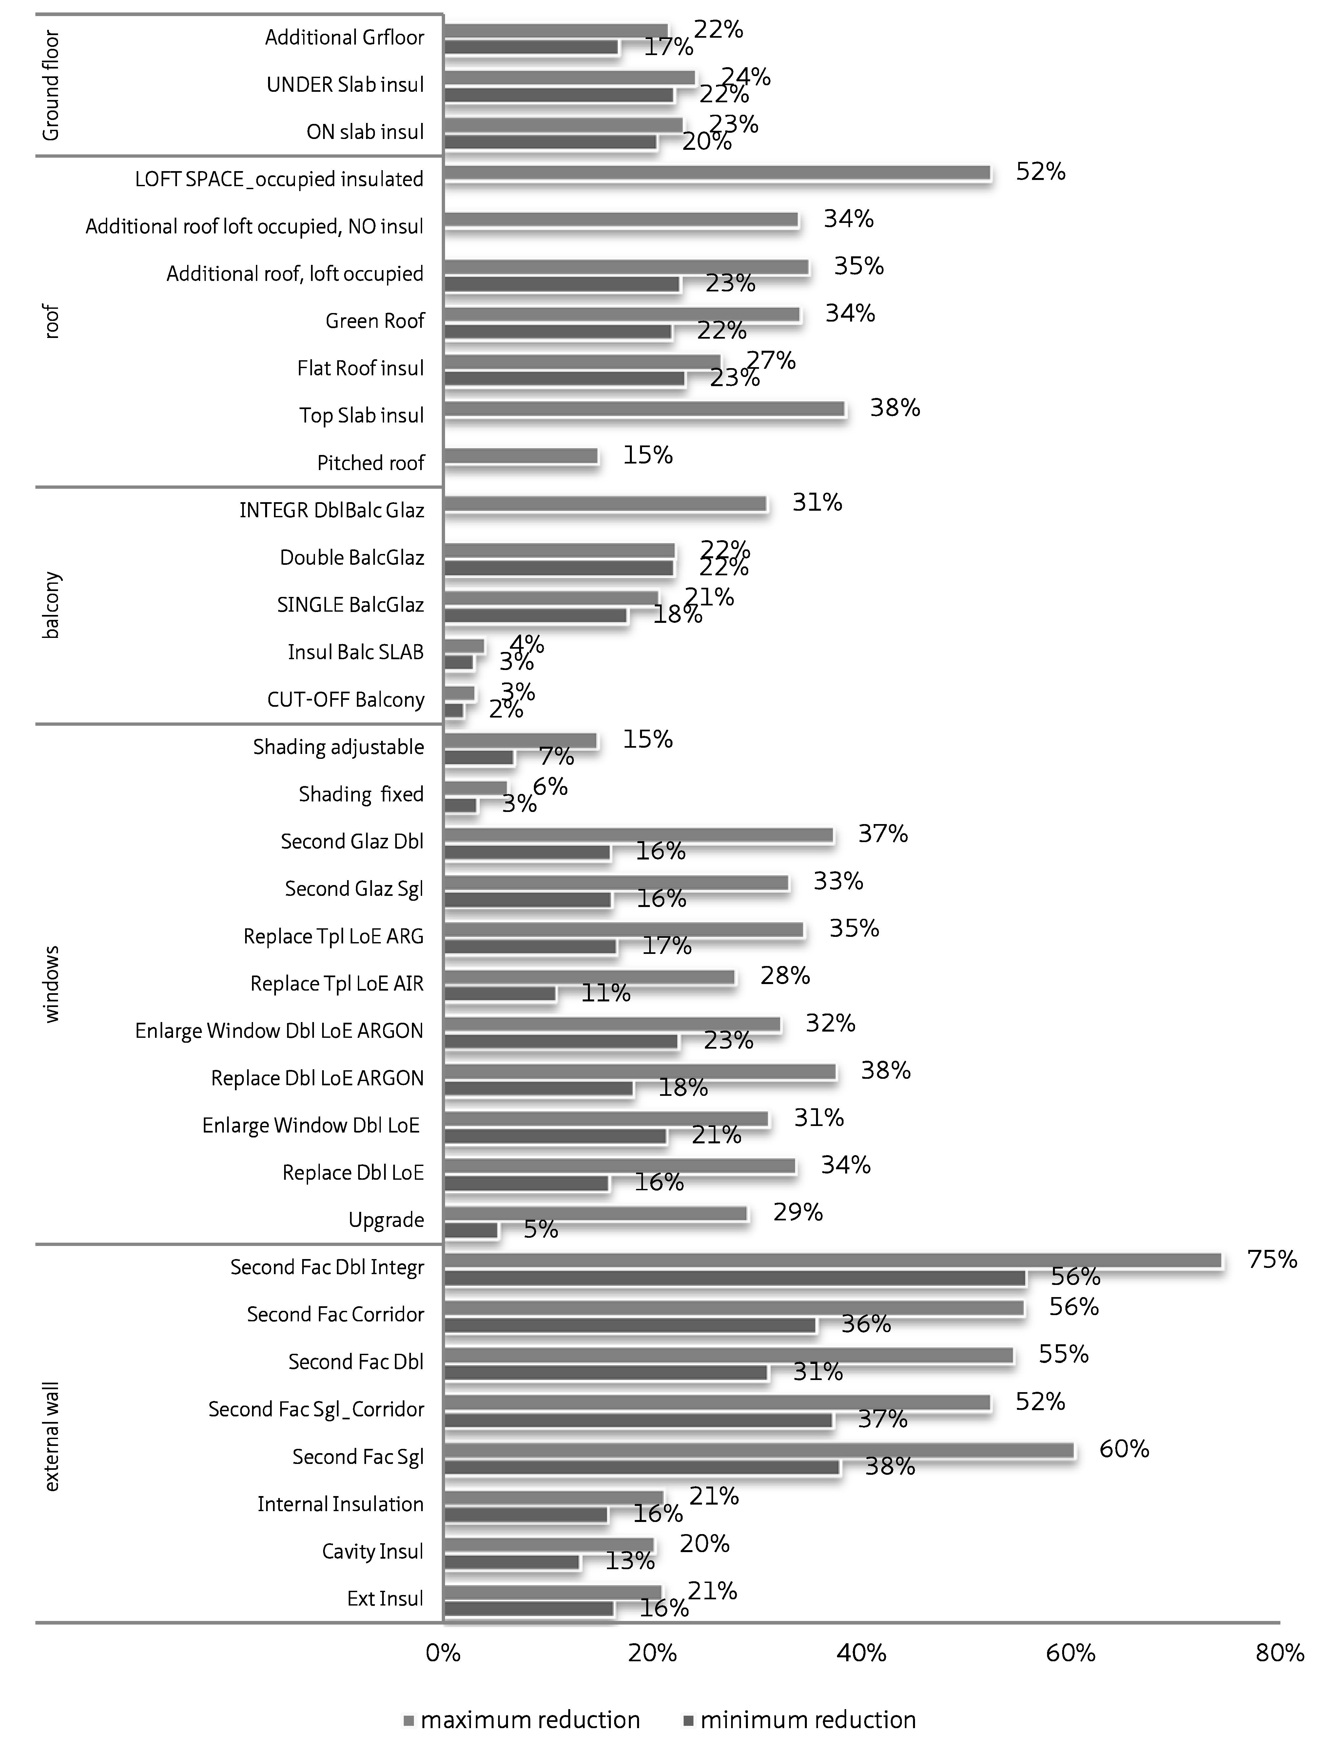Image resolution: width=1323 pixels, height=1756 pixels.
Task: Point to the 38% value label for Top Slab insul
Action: pos(895,408)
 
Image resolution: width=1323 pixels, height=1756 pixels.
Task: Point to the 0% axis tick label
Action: pos(443,1654)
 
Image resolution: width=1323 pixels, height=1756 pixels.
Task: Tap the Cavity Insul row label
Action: pos(372,1551)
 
